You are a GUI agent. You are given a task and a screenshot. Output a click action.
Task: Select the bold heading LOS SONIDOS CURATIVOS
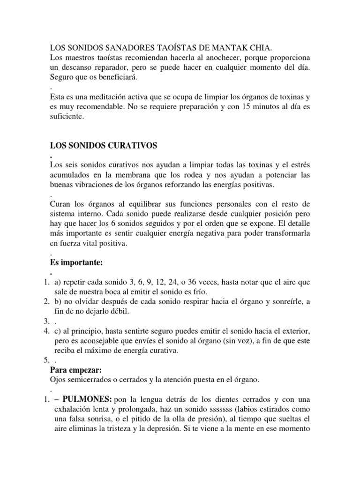tap(103, 146)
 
